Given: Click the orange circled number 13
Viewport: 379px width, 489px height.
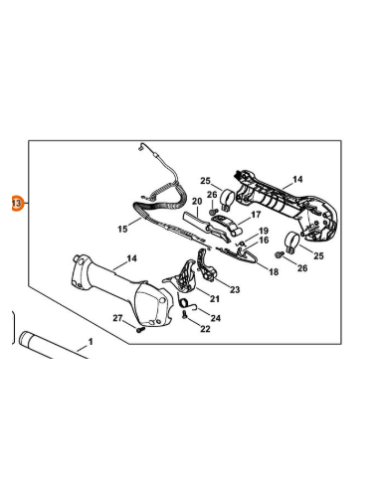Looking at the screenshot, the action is tap(17, 203).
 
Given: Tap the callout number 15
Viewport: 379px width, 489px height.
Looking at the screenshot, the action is tap(122, 229).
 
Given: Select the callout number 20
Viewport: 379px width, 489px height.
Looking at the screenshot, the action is tap(197, 202).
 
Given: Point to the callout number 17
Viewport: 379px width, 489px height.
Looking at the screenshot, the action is tap(256, 215).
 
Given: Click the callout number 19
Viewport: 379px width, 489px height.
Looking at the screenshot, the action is tap(264, 231).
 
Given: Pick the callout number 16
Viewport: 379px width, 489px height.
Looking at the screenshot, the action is tap(264, 240).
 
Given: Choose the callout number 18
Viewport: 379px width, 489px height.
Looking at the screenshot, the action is tap(274, 272).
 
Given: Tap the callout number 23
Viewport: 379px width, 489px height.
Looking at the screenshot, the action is tap(235, 290).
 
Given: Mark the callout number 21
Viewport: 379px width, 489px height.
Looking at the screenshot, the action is tap(215, 299).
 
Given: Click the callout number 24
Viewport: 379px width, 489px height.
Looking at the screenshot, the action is tap(216, 318).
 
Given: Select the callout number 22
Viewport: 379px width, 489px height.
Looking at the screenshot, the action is tap(205, 329).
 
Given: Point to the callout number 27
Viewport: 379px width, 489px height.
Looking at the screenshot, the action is tap(117, 318).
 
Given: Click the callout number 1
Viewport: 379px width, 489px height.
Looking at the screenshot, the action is tap(90, 341).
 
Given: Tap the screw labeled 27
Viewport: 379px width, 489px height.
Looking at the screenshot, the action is tap(140, 330).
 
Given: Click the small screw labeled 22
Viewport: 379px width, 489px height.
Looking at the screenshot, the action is tap(184, 315).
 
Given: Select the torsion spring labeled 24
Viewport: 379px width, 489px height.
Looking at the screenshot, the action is tap(187, 303).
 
